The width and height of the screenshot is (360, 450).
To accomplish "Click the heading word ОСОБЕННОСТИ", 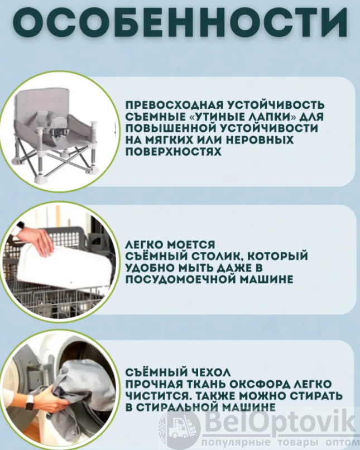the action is (x=180, y=23).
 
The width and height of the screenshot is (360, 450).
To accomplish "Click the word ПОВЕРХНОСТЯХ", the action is (x=173, y=152).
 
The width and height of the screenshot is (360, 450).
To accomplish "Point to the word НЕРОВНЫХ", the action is (x=261, y=140).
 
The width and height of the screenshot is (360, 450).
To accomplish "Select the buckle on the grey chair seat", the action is (x=60, y=132).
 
